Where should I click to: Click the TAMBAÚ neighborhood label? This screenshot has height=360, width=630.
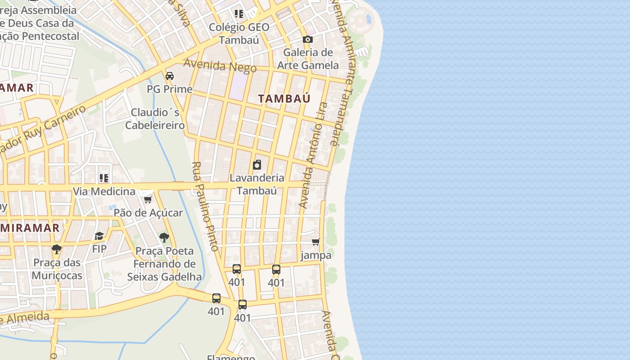tap(284, 99)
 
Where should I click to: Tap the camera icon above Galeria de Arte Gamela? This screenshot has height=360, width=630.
tap(308, 40)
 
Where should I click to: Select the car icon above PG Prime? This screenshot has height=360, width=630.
tap(170, 76)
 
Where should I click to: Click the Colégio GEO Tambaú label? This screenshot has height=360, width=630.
tap(239, 33)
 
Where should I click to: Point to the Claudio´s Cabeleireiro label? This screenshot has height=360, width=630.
tap(155, 118)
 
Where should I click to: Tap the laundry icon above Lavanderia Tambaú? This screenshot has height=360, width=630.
tap(257, 165)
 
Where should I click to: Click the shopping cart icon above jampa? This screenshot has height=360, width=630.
tap(316, 242)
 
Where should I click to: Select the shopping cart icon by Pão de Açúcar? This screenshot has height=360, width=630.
tap(148, 199)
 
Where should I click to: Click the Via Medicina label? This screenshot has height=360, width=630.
tap(104, 192)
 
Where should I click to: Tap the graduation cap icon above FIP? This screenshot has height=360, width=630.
tap(99, 236)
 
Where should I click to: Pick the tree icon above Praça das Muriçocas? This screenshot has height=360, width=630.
tap(57, 249)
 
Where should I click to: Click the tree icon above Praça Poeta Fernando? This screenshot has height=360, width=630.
tap(164, 237)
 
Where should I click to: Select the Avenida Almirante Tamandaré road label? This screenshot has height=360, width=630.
tap(341, 72)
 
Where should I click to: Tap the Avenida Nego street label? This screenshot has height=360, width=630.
tap(220, 66)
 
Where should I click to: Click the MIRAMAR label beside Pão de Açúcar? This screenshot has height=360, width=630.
tap(30, 228)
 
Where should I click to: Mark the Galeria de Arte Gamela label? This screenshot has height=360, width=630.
tap(308, 59)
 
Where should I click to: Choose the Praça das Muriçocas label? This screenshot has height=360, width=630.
tap(57, 269)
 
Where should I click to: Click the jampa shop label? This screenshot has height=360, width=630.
tap(316, 255)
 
